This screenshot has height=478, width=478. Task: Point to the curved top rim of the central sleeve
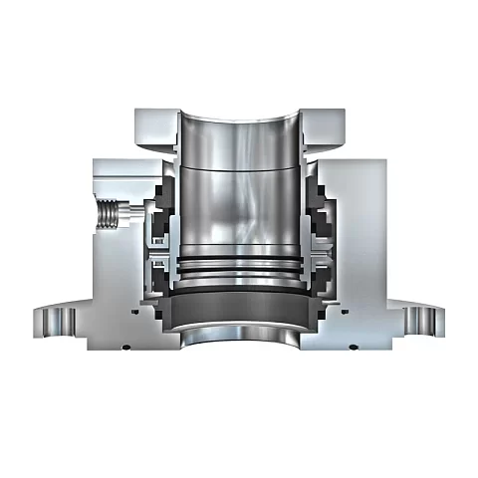point(239,119)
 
